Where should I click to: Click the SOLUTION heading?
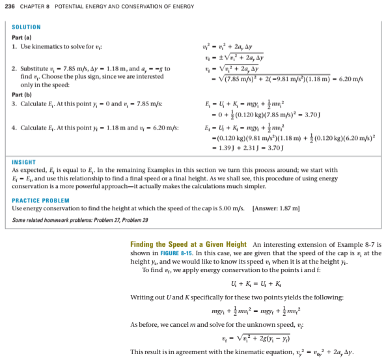(26, 27)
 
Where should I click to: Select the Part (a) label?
(23, 37)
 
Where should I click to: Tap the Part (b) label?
(23, 94)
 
